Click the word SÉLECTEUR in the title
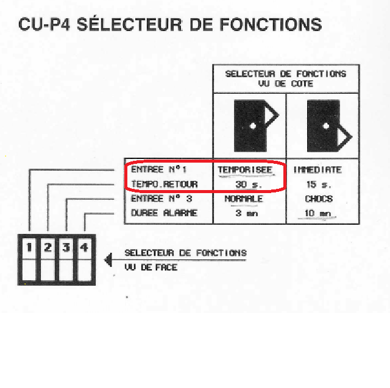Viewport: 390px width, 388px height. click(126, 24)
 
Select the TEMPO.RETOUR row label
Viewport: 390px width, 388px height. click(165, 184)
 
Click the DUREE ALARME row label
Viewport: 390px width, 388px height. click(165, 213)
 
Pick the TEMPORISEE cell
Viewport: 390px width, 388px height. click(245, 170)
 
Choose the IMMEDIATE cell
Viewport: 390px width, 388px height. click(317, 170)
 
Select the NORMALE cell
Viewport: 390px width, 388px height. click(244, 199)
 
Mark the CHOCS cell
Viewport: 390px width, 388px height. click(318, 199)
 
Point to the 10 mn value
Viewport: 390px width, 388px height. click(318, 213)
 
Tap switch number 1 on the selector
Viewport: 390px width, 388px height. click(29, 248)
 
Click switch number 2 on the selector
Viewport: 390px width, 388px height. click(47, 248)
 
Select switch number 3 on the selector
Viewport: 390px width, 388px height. click(66, 248)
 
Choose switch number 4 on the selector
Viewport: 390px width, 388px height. click(84, 248)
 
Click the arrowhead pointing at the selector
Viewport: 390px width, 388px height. click(108, 260)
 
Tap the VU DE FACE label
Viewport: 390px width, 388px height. click(151, 267)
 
